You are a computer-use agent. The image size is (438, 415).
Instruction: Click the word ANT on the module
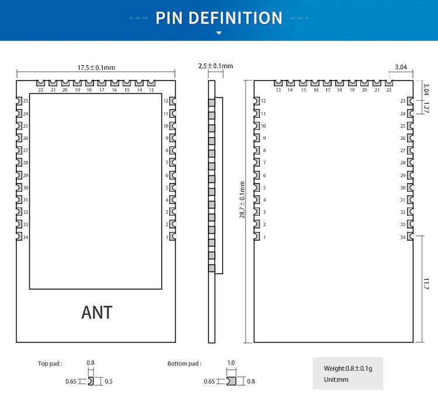coord(97,312)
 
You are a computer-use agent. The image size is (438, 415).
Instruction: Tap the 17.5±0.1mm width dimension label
coord(95,68)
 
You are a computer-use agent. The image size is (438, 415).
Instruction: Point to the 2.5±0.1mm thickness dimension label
coord(215,66)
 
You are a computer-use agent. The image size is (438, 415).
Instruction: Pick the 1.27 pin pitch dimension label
coord(426,107)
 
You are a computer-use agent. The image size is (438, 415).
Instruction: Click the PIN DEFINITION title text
coord(219,18)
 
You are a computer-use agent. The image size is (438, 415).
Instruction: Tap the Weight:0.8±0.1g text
coord(347,368)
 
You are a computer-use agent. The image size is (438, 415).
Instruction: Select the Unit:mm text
coord(336,379)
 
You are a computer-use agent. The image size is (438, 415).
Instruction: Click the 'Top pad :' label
coord(50,364)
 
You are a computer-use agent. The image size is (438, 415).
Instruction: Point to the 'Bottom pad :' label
coord(185,364)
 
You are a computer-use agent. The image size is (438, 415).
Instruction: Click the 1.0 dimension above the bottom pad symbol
coord(231,363)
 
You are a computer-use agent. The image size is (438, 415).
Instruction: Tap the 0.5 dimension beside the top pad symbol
coord(109,381)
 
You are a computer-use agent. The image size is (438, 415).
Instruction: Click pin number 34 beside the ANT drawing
coord(26,237)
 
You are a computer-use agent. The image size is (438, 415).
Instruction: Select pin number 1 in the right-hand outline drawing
coord(265,237)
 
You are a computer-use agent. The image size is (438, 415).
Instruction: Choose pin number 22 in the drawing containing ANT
coord(40,90)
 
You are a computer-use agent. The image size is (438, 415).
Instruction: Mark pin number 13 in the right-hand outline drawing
coord(278,90)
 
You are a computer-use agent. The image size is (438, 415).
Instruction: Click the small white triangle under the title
coord(219,33)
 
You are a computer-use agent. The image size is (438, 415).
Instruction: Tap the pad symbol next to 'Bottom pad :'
coord(231,381)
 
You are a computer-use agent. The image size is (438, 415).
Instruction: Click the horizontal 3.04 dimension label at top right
coord(401,67)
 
